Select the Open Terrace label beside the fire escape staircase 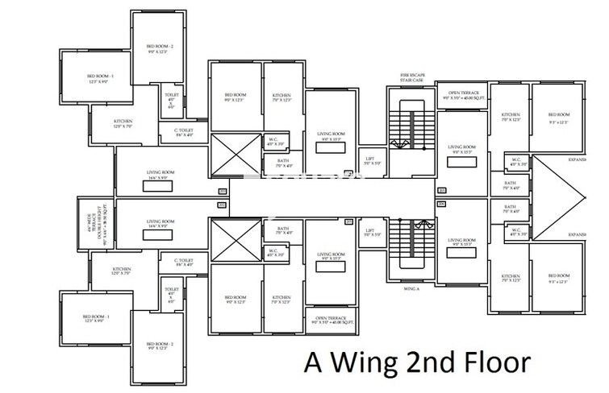[x=464, y=95]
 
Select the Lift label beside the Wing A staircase [x=370, y=233]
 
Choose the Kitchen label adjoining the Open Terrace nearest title [x=282, y=300]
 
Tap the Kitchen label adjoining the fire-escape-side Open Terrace [x=511, y=118]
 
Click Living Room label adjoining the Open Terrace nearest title [x=330, y=257]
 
